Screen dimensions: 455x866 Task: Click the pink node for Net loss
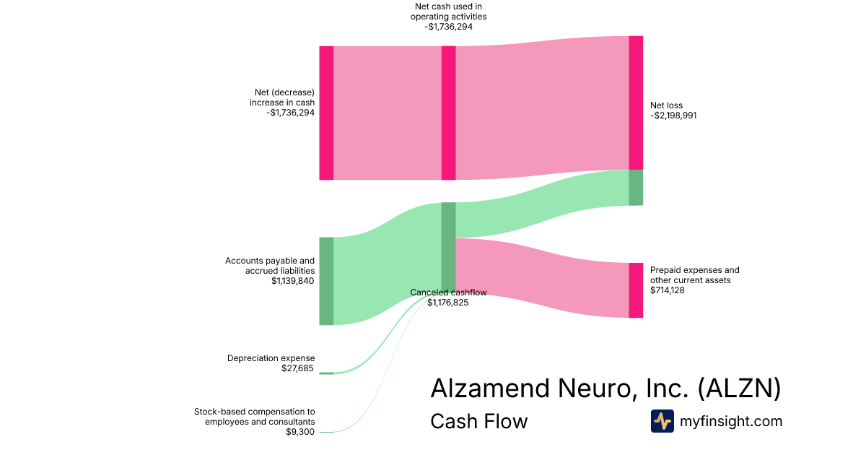coord(636,103)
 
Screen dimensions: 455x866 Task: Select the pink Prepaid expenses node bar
coord(636,290)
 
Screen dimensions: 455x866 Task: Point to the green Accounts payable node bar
coord(326,281)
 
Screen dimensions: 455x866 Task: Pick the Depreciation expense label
coord(271,358)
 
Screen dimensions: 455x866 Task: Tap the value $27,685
coord(298,368)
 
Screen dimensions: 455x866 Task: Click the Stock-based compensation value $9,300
coord(300,432)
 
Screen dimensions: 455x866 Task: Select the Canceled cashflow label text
coord(448,292)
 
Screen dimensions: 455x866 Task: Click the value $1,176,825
coord(447,303)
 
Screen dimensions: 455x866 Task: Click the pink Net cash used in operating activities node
coord(448,113)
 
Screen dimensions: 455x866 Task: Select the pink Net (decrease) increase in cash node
coord(326,113)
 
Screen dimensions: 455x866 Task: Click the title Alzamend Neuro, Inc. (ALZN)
coord(605,388)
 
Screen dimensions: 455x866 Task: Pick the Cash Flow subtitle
coord(478,421)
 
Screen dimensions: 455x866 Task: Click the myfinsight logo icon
coord(662,421)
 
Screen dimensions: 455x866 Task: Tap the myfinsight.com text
coord(731,421)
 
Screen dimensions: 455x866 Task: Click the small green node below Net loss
coord(636,188)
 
